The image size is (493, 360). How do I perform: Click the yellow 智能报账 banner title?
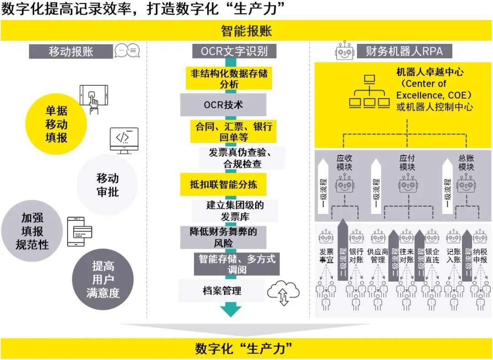point(246,31)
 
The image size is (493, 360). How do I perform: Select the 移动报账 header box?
point(71,51)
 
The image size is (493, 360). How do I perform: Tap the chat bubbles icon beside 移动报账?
point(127,51)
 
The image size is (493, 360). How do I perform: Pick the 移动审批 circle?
point(107,185)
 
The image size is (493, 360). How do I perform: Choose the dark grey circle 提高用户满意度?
point(103,279)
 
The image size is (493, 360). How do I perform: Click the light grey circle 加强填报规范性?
point(32,232)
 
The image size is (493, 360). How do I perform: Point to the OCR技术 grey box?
point(223,105)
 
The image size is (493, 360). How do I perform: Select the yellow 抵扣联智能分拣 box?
point(223,184)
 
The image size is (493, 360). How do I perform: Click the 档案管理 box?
point(222,291)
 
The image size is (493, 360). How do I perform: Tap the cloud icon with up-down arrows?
point(283,293)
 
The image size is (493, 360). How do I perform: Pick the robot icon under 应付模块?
point(407,185)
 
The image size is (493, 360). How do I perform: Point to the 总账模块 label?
point(466,163)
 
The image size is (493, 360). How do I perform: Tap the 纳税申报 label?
point(480,256)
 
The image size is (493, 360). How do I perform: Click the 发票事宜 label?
point(326,256)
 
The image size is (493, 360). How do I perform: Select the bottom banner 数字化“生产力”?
point(246,349)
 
